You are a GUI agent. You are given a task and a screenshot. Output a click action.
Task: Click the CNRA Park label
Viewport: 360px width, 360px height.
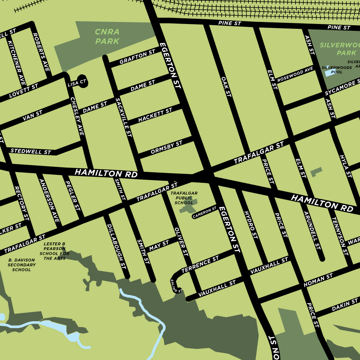click(107, 36)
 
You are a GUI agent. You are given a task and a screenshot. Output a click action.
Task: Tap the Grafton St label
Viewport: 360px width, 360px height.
click(137, 58)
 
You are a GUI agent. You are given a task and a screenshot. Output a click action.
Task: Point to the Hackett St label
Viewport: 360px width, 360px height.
click(155, 115)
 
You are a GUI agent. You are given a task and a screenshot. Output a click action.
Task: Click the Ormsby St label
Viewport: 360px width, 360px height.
click(166, 147)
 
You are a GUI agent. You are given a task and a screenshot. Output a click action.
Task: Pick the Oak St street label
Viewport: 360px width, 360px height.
click(226, 86)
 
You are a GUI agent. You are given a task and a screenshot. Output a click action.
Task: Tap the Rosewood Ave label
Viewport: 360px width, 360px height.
click(295, 74)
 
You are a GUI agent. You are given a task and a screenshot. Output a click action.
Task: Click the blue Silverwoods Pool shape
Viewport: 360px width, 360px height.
click(329, 73)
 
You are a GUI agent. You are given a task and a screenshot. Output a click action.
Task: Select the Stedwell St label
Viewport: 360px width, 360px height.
click(31, 152)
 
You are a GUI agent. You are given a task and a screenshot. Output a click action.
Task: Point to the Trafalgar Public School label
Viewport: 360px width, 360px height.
click(184, 198)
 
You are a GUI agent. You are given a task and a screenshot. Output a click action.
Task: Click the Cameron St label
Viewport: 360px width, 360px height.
click(204, 212)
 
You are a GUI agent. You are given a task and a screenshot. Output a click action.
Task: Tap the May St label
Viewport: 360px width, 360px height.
click(159, 246)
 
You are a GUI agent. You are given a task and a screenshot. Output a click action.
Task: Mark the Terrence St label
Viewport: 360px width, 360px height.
click(200, 264)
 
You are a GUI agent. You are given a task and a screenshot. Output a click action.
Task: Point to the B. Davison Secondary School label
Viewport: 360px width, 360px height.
click(22, 265)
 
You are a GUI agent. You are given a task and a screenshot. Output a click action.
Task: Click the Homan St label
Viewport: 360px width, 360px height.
click(318, 280)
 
